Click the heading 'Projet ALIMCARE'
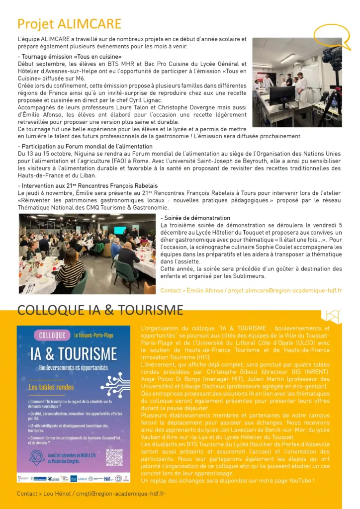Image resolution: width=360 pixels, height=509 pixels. [x=69, y=24]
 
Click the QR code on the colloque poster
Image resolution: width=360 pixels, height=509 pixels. [x=114, y=458]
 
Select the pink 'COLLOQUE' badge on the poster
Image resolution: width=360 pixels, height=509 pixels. [x=52, y=335]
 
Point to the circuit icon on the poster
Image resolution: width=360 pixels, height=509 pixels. [x=115, y=384]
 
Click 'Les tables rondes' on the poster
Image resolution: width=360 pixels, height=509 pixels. [x=51, y=387]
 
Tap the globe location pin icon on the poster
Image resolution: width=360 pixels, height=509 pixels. [x=37, y=458]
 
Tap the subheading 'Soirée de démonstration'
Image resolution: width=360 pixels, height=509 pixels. [x=195, y=218]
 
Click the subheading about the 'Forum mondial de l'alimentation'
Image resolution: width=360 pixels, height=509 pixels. [x=85, y=147]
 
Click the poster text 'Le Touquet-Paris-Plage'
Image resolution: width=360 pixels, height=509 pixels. [x=93, y=336]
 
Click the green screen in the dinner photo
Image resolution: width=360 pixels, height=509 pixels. [x=120, y=230]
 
